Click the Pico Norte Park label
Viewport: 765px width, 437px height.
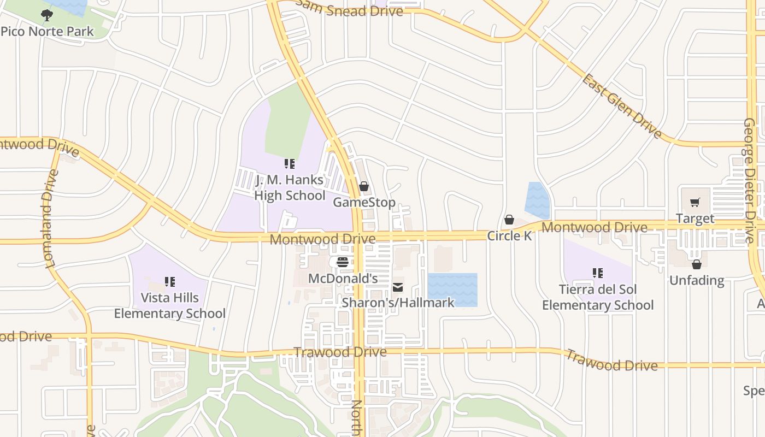coord(47,31)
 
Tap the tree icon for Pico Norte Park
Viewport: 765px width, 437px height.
coord(47,15)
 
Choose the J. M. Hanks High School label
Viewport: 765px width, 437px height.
coord(290,187)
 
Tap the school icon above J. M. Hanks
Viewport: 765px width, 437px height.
coord(290,163)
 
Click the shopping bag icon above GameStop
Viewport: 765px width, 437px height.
coord(364,187)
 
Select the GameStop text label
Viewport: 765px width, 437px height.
coord(364,202)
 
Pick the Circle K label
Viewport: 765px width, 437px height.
coord(509,236)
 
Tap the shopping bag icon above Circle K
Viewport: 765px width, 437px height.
coord(509,220)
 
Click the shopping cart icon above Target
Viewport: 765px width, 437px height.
coord(695,203)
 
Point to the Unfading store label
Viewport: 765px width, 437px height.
coord(697,280)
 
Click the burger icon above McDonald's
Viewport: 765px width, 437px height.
coord(343,262)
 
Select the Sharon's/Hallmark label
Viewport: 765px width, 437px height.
coord(398,302)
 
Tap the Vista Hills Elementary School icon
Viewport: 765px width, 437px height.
coord(169,282)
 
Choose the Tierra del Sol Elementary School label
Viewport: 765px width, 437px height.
coord(598,297)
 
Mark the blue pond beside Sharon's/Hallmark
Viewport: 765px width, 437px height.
coord(452,288)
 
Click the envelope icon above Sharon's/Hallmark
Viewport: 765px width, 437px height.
coord(398,287)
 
